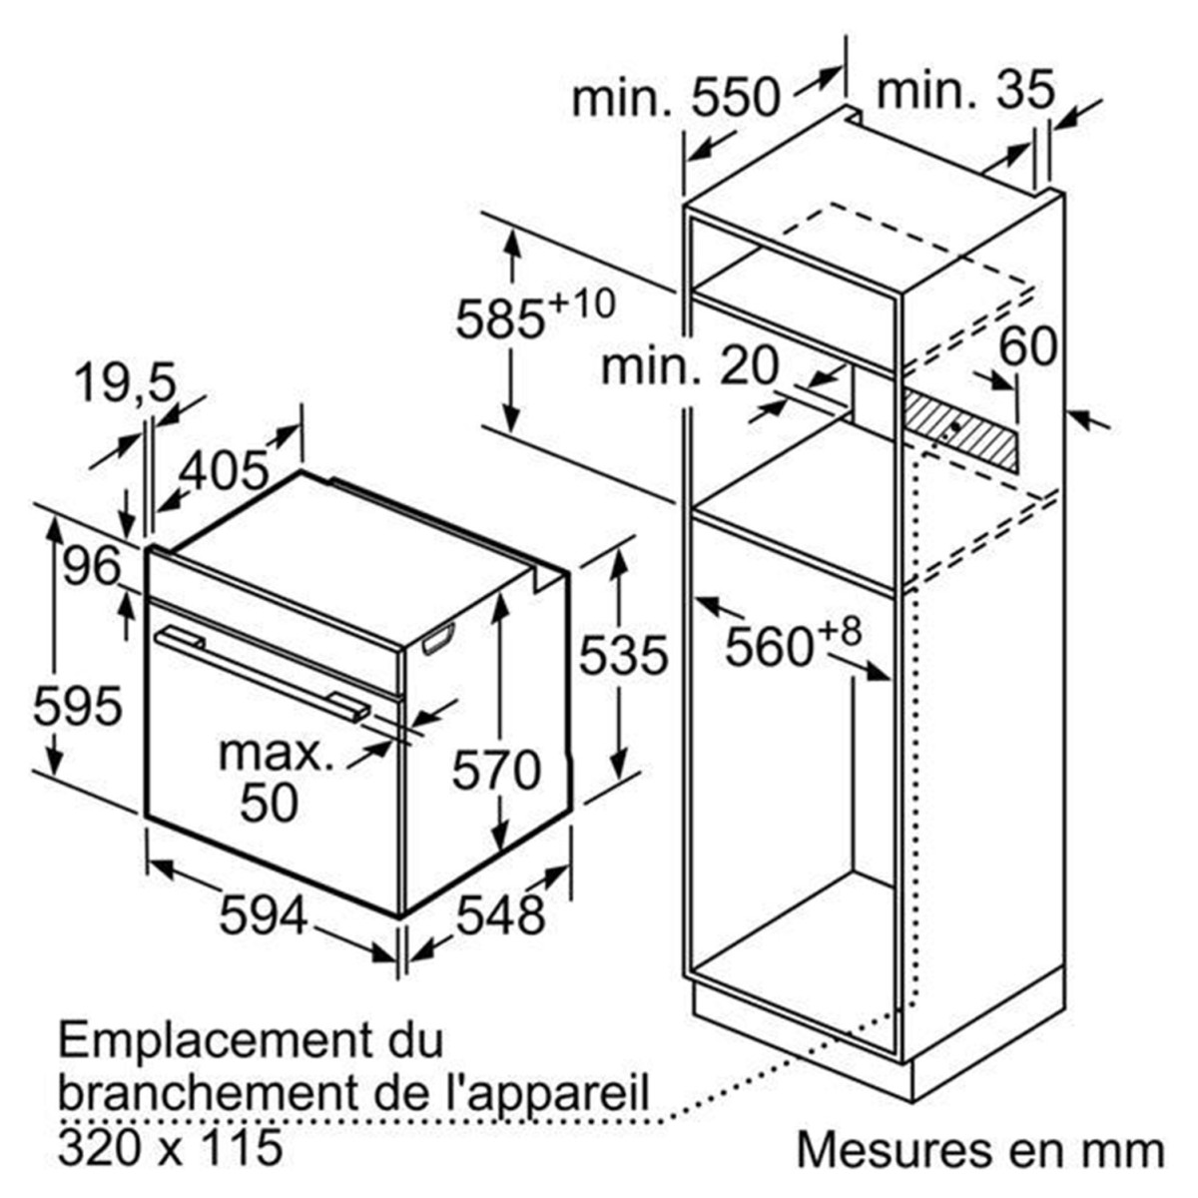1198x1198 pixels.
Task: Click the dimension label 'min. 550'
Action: point(675,98)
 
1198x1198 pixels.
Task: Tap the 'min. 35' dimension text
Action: point(965,91)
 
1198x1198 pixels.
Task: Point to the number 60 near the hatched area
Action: point(1027,345)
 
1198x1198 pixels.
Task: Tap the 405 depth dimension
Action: point(225,470)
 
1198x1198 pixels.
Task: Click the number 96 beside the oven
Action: point(91,566)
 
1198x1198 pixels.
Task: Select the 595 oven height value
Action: point(77,707)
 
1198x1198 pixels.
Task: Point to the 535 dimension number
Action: point(624,655)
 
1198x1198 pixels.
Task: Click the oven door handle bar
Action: point(263,675)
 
